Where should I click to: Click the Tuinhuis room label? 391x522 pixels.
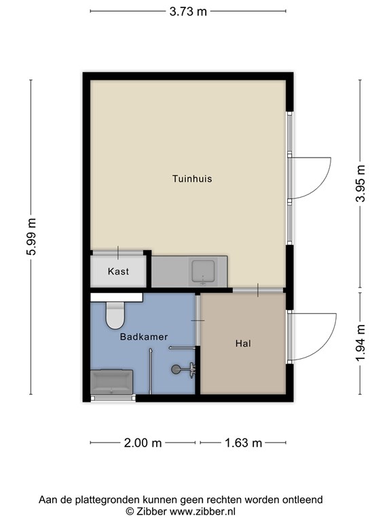tap(192, 179)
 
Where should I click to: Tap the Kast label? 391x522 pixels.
tap(118, 271)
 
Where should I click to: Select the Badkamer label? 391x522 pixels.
tap(144, 337)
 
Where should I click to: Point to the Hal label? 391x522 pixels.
tap(243, 343)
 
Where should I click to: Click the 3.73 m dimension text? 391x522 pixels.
tap(188, 12)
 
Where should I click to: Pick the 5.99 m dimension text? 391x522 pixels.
tap(31, 237)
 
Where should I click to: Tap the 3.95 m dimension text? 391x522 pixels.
tap(360, 184)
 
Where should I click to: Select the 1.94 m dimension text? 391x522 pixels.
tap(360, 343)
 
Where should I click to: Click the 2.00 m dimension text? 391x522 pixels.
tap(143, 442)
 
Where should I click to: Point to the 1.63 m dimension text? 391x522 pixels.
tap(244, 442)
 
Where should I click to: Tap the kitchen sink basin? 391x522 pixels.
tap(202, 271)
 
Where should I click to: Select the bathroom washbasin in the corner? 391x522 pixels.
tap(112, 381)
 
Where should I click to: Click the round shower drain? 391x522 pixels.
tap(176, 369)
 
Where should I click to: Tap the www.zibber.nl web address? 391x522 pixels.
tap(202, 511)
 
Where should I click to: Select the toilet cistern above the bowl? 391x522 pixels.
tap(117, 297)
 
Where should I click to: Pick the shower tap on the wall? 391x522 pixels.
tap(191, 370)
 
